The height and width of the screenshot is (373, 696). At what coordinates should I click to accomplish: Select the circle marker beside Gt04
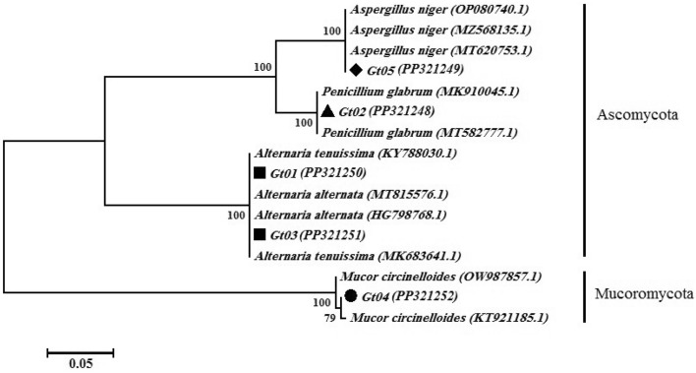point(351,296)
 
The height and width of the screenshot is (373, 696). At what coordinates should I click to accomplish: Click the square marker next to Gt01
point(260,172)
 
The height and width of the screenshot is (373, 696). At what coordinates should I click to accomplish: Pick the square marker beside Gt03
point(260,234)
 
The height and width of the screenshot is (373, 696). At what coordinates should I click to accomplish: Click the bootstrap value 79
point(328,318)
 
